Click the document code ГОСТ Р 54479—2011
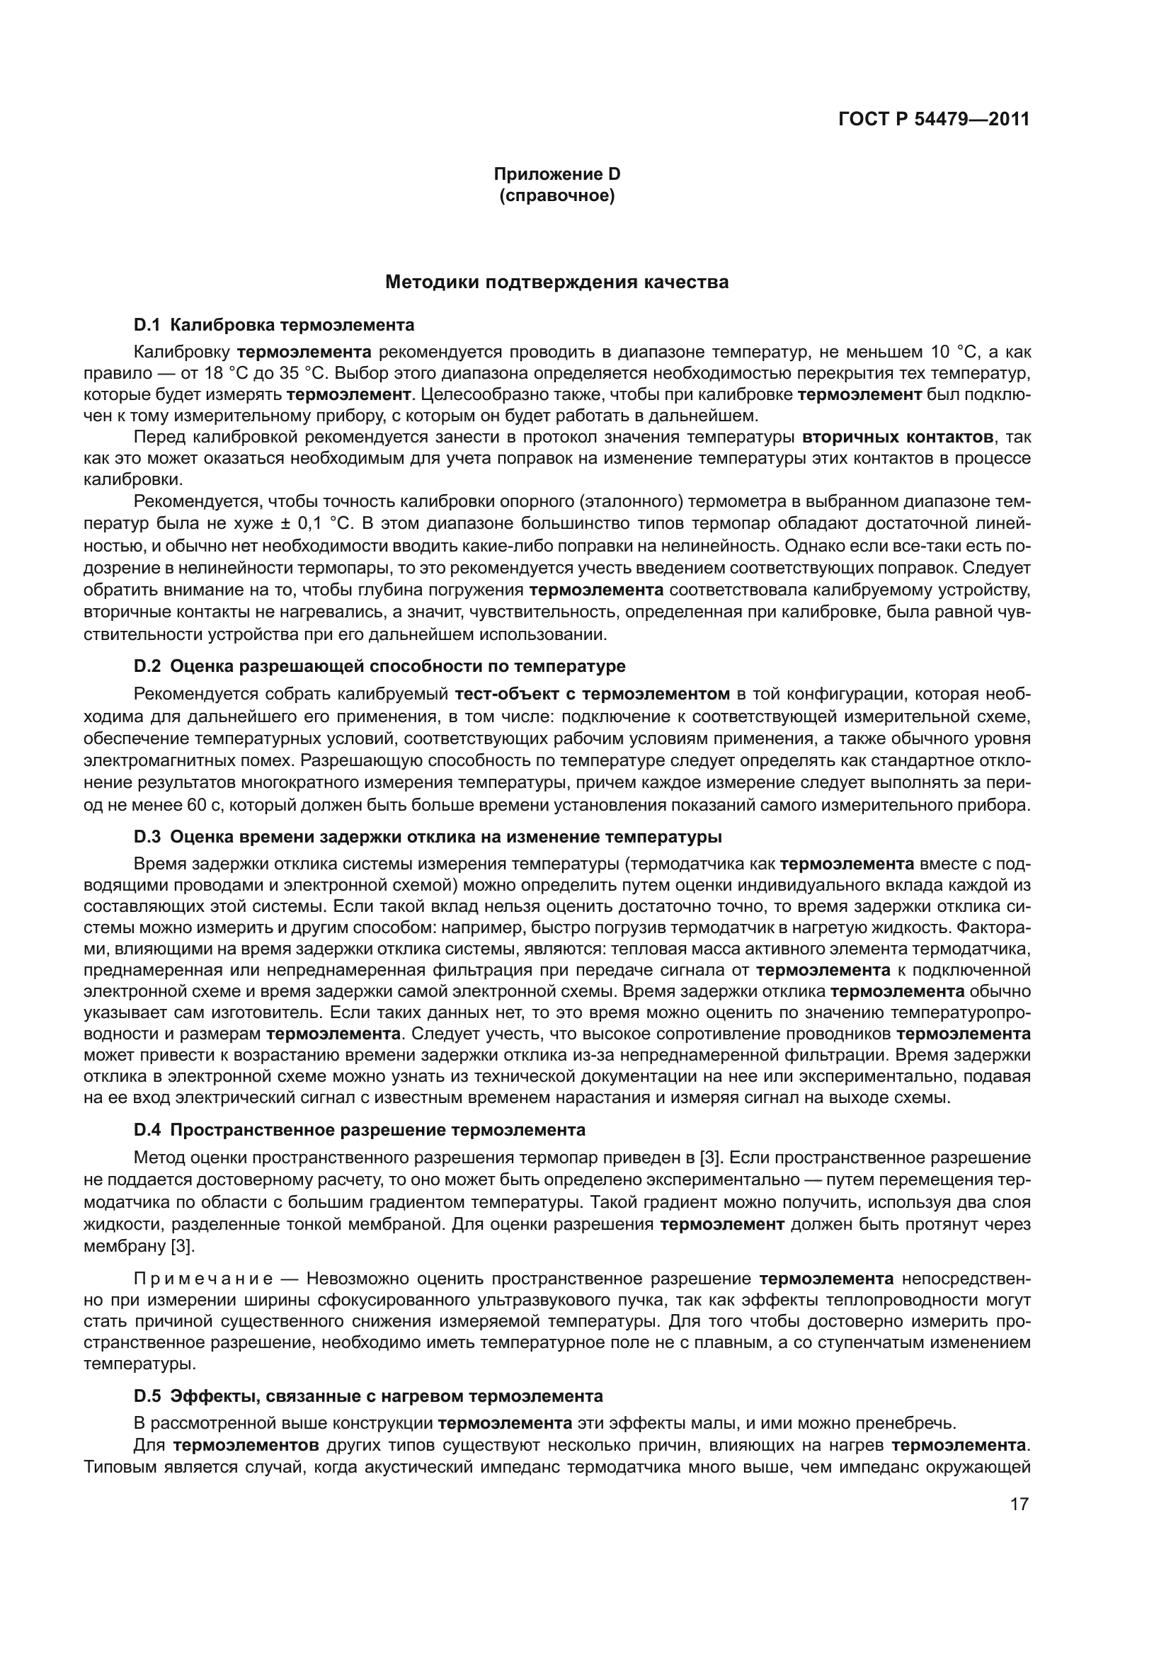pyautogui.click(x=934, y=119)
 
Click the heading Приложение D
pyautogui.click(x=556, y=174)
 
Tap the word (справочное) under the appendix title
pyautogui.click(x=556, y=195)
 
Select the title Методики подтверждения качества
pyautogui.click(x=556, y=282)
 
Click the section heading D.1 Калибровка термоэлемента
pyautogui.click(x=274, y=325)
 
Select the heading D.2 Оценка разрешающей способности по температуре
pyautogui.click(x=379, y=666)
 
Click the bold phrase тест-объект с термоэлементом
pyautogui.click(x=592, y=694)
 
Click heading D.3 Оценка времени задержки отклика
pyautogui.click(x=428, y=837)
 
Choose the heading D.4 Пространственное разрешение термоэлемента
pyautogui.click(x=359, y=1129)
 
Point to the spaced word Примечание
pyautogui.click(x=203, y=1279)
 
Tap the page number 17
pyautogui.click(x=1019, y=1504)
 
